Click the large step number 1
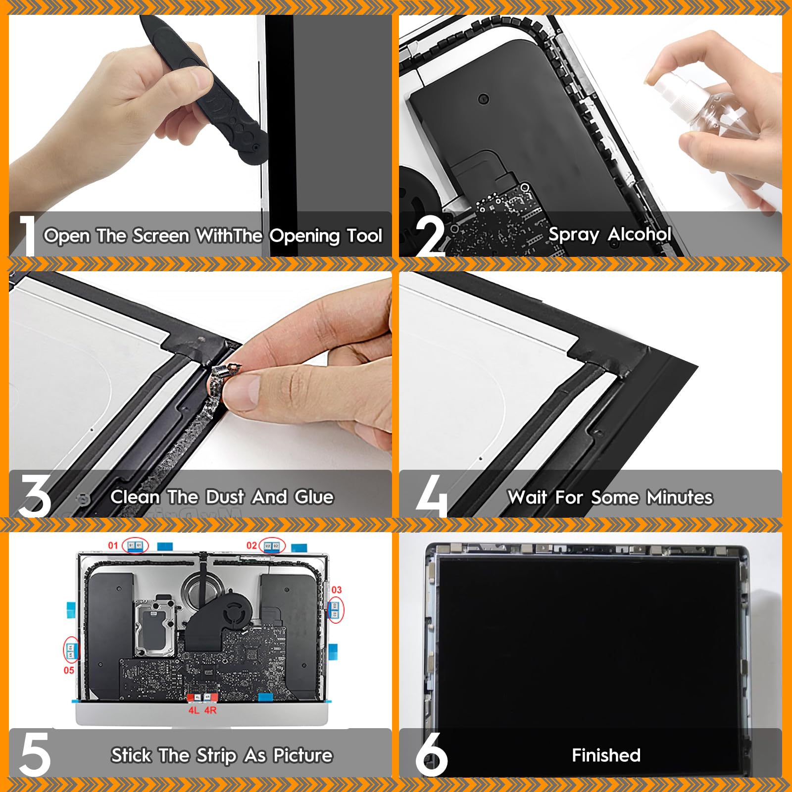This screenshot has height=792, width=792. (x=27, y=236)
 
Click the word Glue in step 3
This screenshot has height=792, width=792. (x=314, y=497)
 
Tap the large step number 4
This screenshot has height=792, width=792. (x=431, y=496)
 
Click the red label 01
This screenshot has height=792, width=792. (x=113, y=545)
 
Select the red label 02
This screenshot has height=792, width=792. (x=251, y=545)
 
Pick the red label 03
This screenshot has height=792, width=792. (x=337, y=590)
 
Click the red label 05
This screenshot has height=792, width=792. (x=69, y=670)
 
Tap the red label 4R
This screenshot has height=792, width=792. (x=211, y=710)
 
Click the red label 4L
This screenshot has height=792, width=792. (x=194, y=710)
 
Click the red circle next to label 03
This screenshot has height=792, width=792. (x=336, y=610)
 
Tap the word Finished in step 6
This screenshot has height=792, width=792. (x=606, y=755)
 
